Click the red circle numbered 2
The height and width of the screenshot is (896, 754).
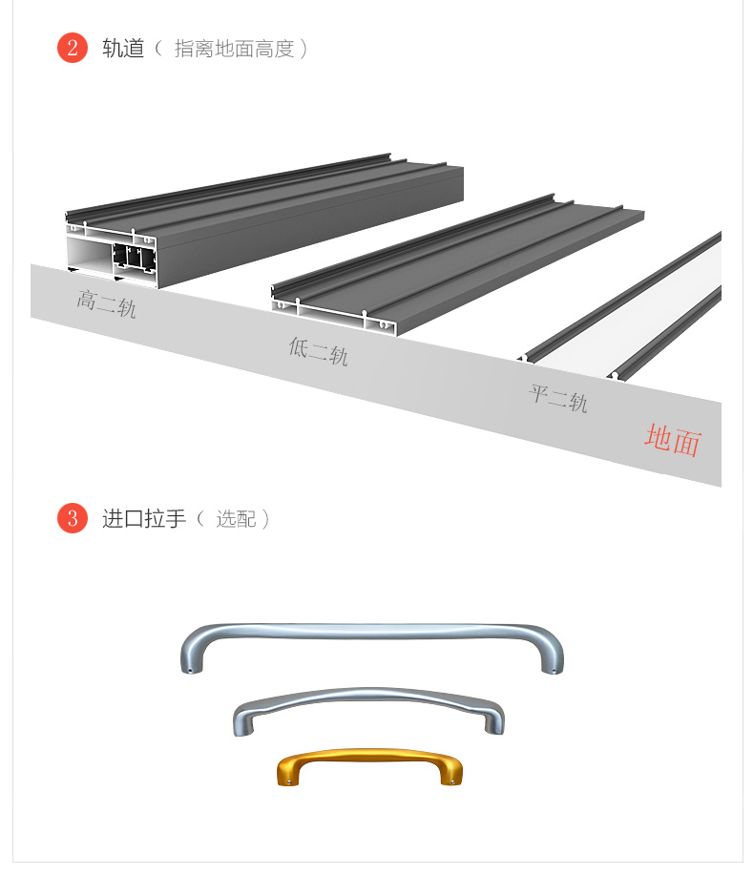coord(72,48)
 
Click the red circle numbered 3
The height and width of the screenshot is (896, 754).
coord(72,518)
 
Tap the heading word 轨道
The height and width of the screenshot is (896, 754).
coord(123,49)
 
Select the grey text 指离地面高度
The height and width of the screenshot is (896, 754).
coord(234,50)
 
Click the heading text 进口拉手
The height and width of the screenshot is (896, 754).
coord(144,519)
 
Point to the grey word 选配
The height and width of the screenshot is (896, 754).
coord(236,519)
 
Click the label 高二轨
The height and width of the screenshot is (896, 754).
coord(106,303)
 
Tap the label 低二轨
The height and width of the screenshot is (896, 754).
coord(318,351)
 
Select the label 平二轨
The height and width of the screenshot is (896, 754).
coord(558,398)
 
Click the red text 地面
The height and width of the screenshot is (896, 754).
coord(673,440)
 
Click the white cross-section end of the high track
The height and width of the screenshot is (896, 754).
coord(112,253)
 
